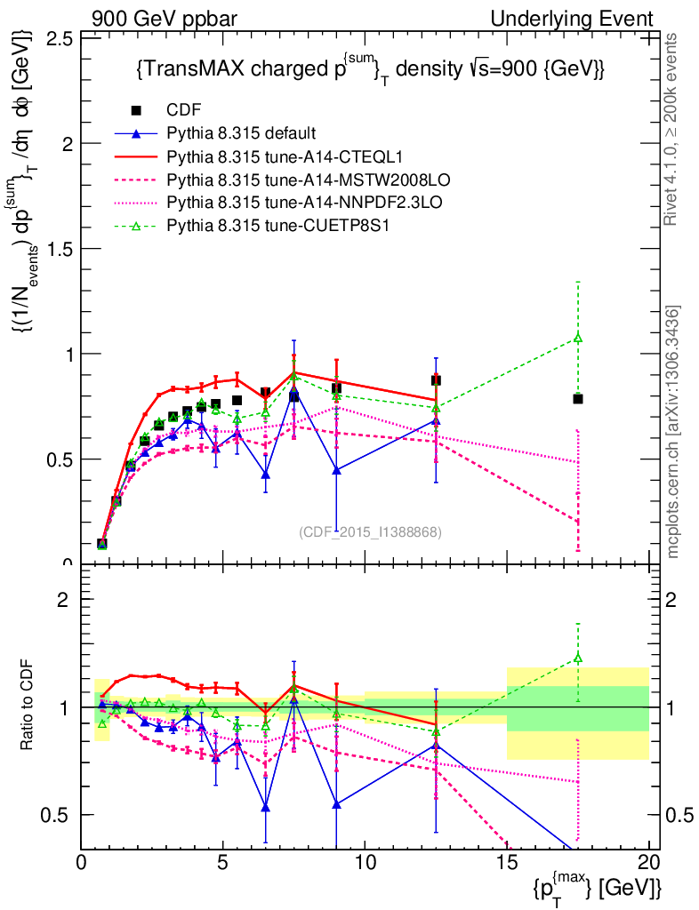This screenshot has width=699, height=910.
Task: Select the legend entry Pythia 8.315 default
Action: (x=241, y=133)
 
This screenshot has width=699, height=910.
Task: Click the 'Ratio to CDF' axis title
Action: (x=28, y=706)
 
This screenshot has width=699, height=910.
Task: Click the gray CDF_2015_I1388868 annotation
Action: (x=370, y=531)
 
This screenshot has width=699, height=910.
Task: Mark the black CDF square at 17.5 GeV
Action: (x=578, y=399)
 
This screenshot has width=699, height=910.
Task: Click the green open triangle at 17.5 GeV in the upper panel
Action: (x=578, y=338)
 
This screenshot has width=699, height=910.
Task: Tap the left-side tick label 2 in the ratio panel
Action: (x=63, y=600)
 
